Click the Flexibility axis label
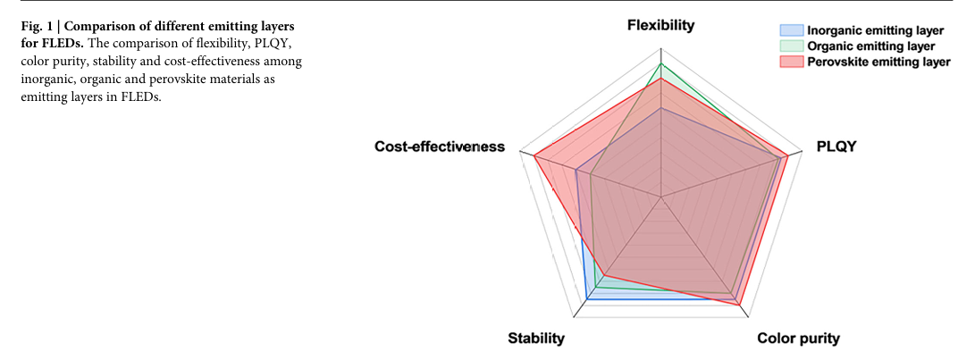point(660,25)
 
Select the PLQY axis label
point(836,147)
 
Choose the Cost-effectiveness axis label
point(440,147)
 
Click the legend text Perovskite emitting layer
point(878,62)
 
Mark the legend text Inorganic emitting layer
point(875,29)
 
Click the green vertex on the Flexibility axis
point(660,64)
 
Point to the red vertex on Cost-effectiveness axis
point(534,156)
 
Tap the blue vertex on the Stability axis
point(586,299)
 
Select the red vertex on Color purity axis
point(739,305)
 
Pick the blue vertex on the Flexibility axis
point(660,109)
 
